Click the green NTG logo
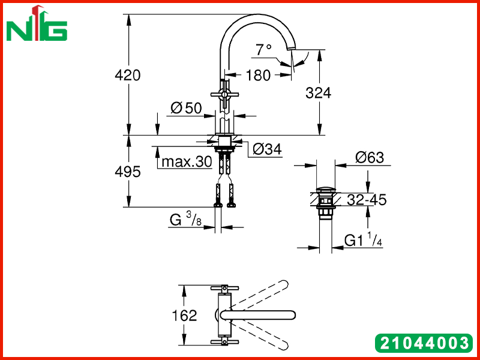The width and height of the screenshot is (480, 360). pos(37,24)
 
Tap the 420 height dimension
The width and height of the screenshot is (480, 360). pos(128,75)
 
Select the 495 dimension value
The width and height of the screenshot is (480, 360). pos(128,172)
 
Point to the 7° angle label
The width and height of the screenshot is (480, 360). pos(264,50)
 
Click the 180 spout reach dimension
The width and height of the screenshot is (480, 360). pos(259,76)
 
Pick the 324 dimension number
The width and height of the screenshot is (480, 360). pos(319,93)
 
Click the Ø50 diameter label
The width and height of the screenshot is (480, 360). pos(186,108)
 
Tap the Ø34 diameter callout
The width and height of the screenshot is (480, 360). pos(267,149)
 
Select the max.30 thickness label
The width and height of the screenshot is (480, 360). pos(187,161)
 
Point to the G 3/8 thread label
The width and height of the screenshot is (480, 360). pos(185,220)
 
